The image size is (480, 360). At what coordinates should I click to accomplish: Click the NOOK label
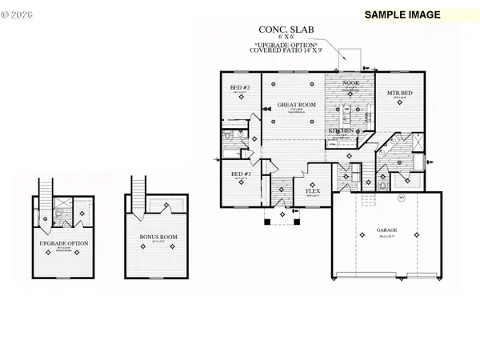pyautogui.click(x=350, y=82)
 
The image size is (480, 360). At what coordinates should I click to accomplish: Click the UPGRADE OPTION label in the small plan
pyautogui.click(x=63, y=242)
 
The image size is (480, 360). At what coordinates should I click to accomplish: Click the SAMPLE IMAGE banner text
pyautogui.click(x=403, y=14)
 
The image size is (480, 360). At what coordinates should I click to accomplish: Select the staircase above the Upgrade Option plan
pyautogui.click(x=45, y=186)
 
